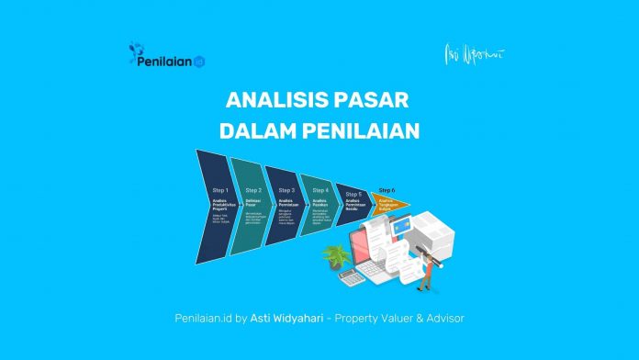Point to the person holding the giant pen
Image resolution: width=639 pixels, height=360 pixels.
click(427, 267)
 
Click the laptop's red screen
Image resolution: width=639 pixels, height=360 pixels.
click(362, 237)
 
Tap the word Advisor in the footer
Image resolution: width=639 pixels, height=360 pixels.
click(439, 318)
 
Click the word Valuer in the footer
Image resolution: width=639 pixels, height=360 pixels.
click(392, 318)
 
